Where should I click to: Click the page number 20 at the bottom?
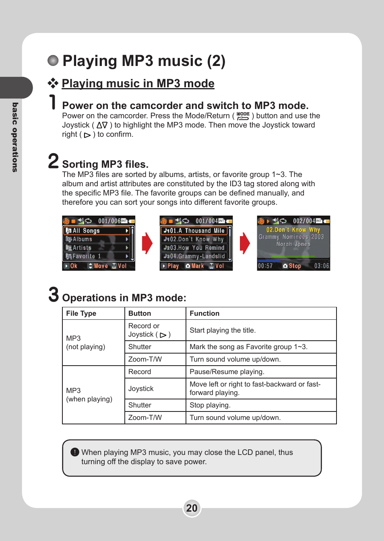(x=192, y=508)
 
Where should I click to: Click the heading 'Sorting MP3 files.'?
(x=105, y=164)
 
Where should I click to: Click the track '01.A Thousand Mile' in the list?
(x=194, y=231)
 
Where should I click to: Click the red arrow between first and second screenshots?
(x=147, y=243)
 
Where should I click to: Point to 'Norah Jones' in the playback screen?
(x=293, y=244)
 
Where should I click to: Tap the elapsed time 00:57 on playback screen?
(x=265, y=266)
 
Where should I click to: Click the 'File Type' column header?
(x=81, y=313)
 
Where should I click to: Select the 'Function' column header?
(x=204, y=313)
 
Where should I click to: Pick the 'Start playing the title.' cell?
(x=223, y=330)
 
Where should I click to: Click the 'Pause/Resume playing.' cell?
(x=227, y=372)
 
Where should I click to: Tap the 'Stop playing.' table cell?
(x=210, y=405)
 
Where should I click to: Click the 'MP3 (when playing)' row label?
(x=89, y=395)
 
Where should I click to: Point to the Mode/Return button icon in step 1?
(x=243, y=116)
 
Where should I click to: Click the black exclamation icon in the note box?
(x=75, y=452)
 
